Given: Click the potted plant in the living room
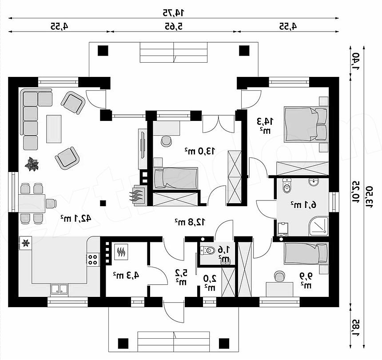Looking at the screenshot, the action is (32, 164).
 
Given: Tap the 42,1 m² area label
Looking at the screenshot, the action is (76, 219).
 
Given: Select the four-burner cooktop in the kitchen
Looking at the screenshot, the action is (92, 260).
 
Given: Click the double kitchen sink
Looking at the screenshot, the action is (59, 289).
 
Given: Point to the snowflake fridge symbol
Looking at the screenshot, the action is (25, 243).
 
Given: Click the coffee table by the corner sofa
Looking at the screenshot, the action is (54, 129).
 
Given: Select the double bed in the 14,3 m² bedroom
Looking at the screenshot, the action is (306, 124).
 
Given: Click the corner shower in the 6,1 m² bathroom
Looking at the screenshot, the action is (318, 226).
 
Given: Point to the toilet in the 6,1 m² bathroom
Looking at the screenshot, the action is (287, 186).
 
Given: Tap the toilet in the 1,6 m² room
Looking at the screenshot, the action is (207, 250).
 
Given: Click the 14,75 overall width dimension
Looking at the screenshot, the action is (174, 13).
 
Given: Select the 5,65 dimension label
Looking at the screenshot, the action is (174, 26).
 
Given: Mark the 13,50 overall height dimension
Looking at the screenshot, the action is (368, 197).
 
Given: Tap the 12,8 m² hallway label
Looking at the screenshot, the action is (190, 222).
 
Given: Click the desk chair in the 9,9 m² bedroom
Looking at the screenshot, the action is (279, 276).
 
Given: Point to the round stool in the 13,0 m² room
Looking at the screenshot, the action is (167, 141).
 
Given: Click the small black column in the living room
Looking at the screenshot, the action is (103, 203).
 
